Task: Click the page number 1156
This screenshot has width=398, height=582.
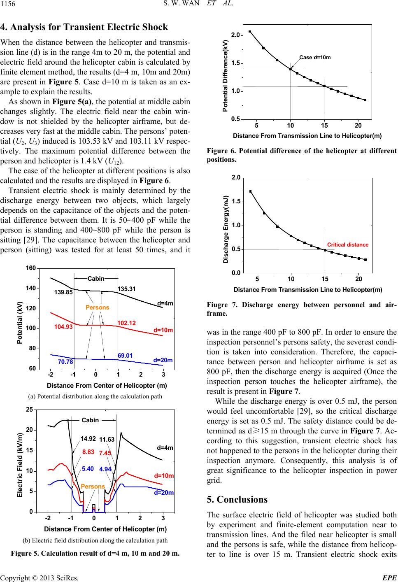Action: (x=7, y=3)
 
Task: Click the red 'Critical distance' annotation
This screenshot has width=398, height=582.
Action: (x=348, y=244)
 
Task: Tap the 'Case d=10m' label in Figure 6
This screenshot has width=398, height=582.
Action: (x=315, y=58)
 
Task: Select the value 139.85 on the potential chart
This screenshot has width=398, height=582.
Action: (x=63, y=292)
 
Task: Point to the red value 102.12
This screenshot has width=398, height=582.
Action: (x=126, y=323)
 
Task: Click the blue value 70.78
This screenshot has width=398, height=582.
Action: (x=65, y=362)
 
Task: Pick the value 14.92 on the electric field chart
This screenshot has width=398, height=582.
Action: (x=88, y=439)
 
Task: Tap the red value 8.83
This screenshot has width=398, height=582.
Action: (x=88, y=452)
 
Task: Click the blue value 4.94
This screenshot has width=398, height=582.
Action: (x=105, y=469)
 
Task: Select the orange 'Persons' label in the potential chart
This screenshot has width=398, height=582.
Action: (x=98, y=307)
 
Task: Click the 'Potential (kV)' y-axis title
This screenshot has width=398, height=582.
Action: (x=19, y=322)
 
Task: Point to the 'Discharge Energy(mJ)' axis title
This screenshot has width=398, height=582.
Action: (x=226, y=229)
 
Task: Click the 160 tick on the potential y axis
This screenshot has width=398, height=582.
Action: (x=30, y=268)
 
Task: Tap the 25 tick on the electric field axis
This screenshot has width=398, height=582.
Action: (x=30, y=410)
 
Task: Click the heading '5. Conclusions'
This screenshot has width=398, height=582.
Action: (x=237, y=499)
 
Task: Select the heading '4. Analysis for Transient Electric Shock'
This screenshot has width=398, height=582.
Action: (x=84, y=27)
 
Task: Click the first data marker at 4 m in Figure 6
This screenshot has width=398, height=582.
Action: (x=250, y=31)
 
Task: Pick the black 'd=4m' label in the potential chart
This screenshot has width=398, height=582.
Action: (x=165, y=303)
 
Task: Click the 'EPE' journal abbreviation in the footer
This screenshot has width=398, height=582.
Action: (x=390, y=578)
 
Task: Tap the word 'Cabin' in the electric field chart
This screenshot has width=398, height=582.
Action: (x=90, y=420)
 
